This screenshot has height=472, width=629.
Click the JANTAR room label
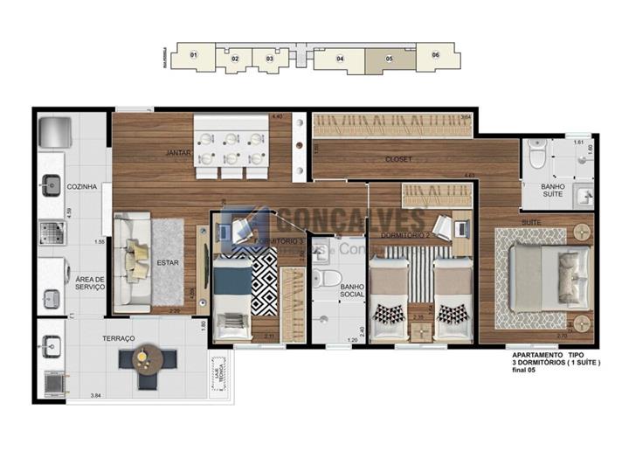point(178,153)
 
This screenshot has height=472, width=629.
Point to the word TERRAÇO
point(117,338)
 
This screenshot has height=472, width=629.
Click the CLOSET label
point(398,159)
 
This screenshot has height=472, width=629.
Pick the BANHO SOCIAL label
point(351,291)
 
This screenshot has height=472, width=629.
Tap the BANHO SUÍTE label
point(552,191)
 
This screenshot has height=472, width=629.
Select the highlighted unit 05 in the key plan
point(389,59)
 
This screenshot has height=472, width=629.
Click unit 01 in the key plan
point(194,56)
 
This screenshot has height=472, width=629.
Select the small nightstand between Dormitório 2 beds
point(420,330)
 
